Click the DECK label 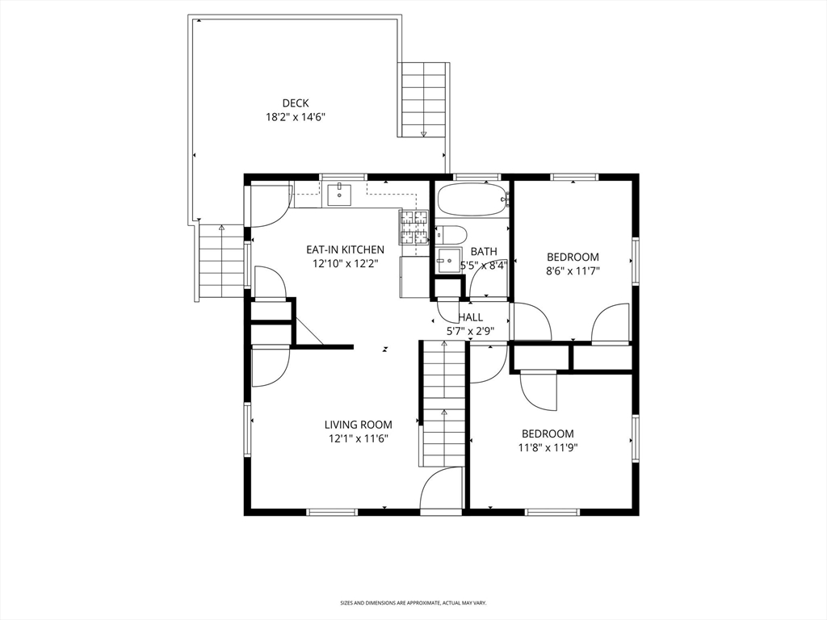[296, 103]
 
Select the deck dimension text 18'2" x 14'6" [296, 117]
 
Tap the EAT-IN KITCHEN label [346, 249]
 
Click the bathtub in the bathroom [472, 199]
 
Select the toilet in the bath [451, 235]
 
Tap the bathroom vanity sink [448, 260]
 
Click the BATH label [484, 252]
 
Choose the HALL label [471, 317]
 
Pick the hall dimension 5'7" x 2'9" [470, 331]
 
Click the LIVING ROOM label [358, 425]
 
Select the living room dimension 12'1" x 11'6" [359, 438]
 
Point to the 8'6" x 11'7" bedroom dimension [573, 271]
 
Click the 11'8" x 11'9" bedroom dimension [548, 447]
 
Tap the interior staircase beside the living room [443, 404]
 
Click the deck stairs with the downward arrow [423, 99]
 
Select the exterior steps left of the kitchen [221, 262]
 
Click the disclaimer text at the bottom [413, 602]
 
